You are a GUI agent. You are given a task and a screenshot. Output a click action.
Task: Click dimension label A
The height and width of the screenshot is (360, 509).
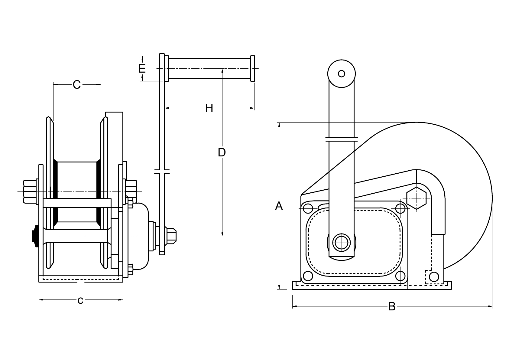tap(279, 206)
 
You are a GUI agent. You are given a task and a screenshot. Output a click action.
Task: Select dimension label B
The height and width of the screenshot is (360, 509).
tap(392, 307)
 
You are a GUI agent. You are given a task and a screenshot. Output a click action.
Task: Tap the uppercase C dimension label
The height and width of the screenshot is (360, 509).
tap(77, 85)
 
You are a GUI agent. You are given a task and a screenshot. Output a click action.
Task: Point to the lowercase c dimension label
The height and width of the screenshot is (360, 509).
tap(80, 300)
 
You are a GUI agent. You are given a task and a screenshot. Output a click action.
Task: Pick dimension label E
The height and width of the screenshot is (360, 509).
tap(142, 69)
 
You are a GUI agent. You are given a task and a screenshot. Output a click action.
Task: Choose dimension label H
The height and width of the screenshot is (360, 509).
tap(209, 108)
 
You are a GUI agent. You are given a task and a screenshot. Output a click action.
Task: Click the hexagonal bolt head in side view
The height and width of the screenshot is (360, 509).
tap(417, 198)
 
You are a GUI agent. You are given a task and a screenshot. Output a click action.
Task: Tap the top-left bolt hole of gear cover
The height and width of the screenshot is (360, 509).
tap(308, 208)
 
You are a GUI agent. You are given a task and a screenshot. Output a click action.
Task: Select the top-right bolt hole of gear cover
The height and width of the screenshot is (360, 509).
tap(400, 208)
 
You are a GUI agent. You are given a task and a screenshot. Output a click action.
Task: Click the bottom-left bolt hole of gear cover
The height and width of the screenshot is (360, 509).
tap(308, 276)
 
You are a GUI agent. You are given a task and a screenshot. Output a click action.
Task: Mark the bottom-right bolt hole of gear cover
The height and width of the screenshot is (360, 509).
tap(400, 276)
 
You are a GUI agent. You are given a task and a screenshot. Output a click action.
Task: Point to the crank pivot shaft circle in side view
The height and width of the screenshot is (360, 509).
tap(342, 242)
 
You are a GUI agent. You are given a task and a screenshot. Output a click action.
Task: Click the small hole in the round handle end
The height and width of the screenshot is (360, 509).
tap(342, 74)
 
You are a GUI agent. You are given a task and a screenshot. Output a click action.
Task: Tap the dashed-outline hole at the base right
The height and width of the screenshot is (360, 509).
tap(434, 277)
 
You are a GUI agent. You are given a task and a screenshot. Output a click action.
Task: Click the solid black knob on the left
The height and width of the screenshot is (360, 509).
tap(35, 236)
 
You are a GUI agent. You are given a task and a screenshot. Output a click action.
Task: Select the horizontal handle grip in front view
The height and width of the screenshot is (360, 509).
tap(209, 69)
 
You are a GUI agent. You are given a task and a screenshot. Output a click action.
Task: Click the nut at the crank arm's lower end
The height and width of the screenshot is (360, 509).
tap(171, 236)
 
